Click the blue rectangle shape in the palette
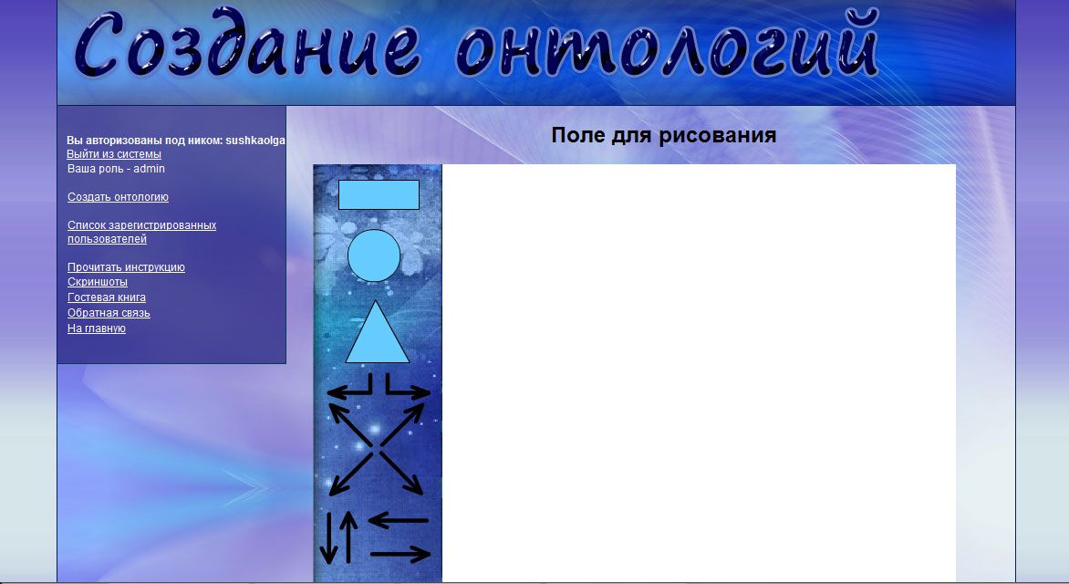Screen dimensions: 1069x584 click(379, 194)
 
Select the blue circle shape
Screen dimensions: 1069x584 click(374, 255)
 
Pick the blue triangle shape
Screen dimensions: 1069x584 click(377, 332)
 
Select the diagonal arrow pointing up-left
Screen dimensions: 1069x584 click(349, 424)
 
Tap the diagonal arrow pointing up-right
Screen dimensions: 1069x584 click(402, 424)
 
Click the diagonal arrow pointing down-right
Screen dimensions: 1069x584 click(401, 473)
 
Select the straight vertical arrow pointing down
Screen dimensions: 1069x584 click(328, 537)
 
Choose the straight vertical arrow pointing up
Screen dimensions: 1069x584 click(348, 537)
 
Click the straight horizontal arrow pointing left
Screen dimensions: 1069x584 click(399, 520)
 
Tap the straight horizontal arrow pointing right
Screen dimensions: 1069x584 click(400, 554)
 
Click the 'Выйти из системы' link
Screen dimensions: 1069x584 click(114, 154)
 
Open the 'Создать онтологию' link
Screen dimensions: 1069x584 click(118, 197)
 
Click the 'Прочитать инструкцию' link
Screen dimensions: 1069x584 click(126, 267)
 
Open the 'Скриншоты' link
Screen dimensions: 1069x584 click(98, 282)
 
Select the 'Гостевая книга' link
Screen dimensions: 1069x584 click(107, 297)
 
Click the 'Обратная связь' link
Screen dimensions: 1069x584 click(109, 313)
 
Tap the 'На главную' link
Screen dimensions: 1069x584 click(97, 328)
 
